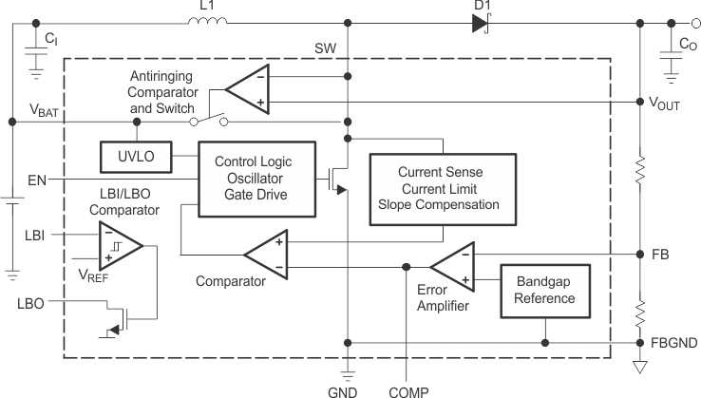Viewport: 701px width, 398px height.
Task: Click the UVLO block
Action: pos(135,156)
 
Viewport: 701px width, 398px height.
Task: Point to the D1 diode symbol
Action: pos(480,23)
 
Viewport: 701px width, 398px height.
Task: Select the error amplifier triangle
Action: pos(453,267)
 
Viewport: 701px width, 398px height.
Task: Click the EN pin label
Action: pos(37,178)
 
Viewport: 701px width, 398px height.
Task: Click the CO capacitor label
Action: pos(687,43)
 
